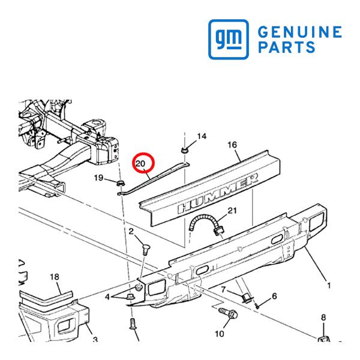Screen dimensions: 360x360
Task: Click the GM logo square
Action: point(229,39)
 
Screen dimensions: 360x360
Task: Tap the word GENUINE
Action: point(300,32)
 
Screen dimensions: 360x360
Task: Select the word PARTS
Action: point(287,47)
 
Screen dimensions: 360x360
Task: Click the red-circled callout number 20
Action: point(140,163)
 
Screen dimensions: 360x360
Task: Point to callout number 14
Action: point(202,136)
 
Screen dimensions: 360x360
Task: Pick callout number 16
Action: point(232,145)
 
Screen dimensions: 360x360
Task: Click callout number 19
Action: point(99,178)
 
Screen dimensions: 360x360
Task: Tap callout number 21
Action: point(232,211)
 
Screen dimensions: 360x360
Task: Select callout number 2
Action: point(131,231)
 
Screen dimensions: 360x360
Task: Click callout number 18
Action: point(55,277)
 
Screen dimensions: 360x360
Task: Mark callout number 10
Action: point(219,334)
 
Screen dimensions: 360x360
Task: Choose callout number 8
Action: point(323,317)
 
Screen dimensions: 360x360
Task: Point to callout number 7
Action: point(224,290)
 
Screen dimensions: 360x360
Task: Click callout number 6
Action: point(274,296)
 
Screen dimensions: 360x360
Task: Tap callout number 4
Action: point(107,297)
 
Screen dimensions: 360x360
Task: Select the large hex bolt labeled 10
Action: point(228,313)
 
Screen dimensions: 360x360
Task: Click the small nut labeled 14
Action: point(184,151)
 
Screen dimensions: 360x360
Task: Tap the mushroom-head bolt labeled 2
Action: point(146,250)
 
